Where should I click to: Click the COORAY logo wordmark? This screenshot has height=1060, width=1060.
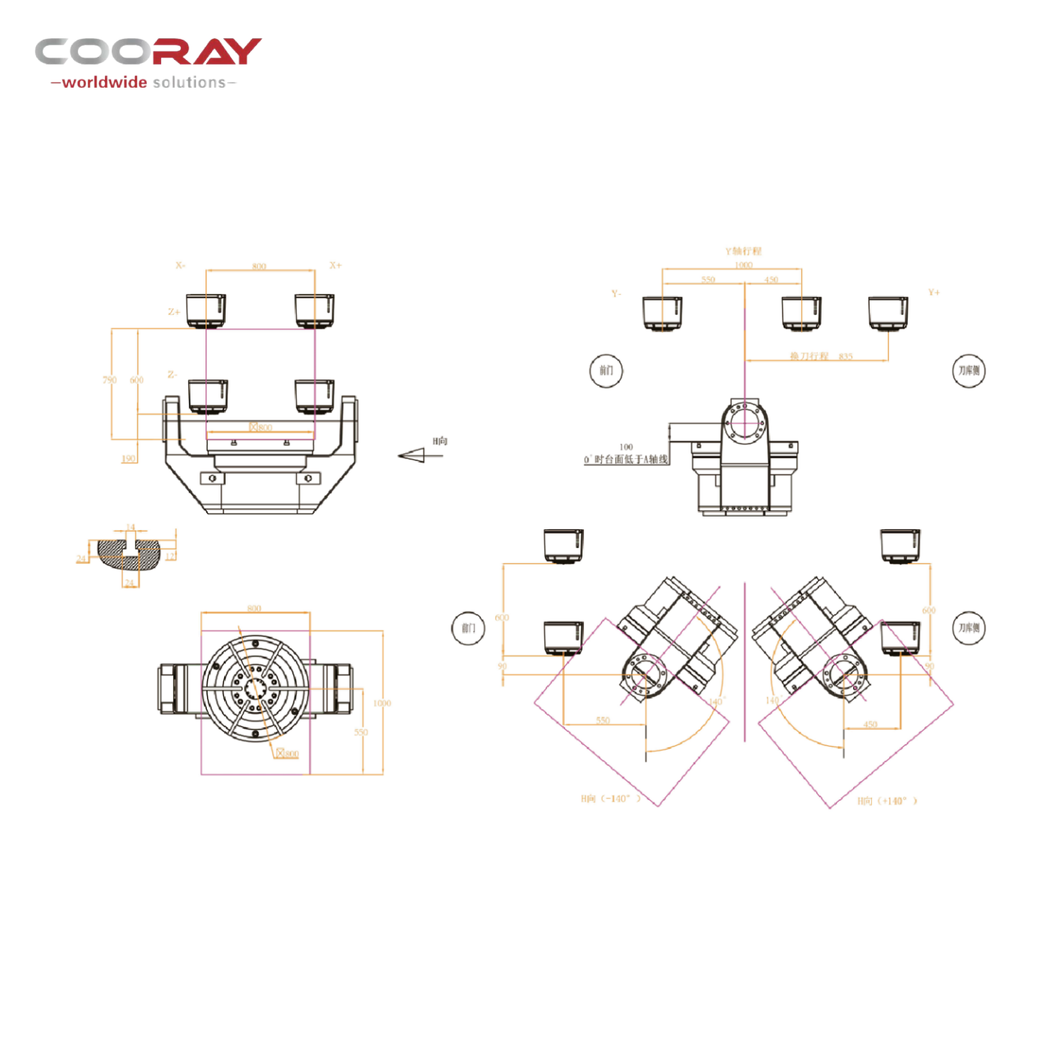(148, 52)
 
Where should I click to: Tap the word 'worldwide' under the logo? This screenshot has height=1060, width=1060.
(104, 82)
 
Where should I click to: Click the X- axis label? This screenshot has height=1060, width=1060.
(181, 265)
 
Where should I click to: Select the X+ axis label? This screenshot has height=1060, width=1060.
(335, 265)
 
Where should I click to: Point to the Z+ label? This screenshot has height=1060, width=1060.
(173, 311)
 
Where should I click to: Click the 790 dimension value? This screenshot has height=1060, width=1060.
(109, 380)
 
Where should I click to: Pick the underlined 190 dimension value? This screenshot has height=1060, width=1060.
(129, 459)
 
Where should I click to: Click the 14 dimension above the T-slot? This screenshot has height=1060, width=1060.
(130, 527)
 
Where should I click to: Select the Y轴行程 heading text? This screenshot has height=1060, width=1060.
(743, 251)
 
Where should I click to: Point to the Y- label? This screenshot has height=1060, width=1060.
(616, 294)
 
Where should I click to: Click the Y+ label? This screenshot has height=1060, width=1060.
(933, 292)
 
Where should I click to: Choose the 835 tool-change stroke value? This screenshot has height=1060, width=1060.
(846, 356)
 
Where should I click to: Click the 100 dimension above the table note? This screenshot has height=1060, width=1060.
(626, 447)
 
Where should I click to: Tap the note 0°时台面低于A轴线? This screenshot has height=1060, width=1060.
(626, 460)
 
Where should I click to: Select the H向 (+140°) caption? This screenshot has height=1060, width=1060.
(888, 801)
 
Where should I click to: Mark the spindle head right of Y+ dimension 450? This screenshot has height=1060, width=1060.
(888, 313)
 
